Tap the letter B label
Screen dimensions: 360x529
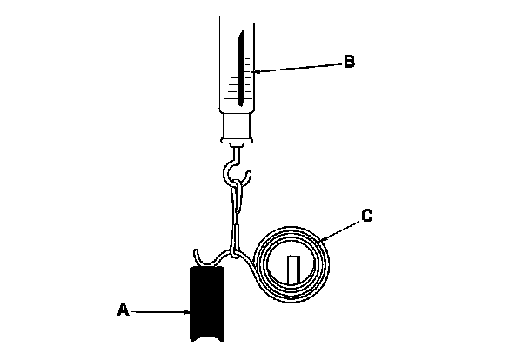[x=350, y=62]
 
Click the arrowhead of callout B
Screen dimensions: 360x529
[x=249, y=70]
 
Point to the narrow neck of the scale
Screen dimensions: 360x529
[x=237, y=126]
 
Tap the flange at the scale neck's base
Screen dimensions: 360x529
[x=237, y=138]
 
